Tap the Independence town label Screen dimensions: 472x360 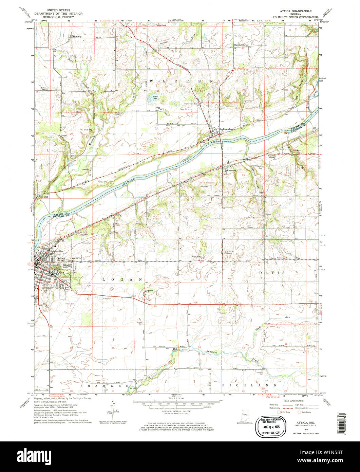[x=227, y=129]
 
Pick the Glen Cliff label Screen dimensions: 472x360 [x=44, y=196]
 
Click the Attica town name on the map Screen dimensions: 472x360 [x=61, y=258]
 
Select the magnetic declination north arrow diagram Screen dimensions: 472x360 [x=113, y=410]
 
